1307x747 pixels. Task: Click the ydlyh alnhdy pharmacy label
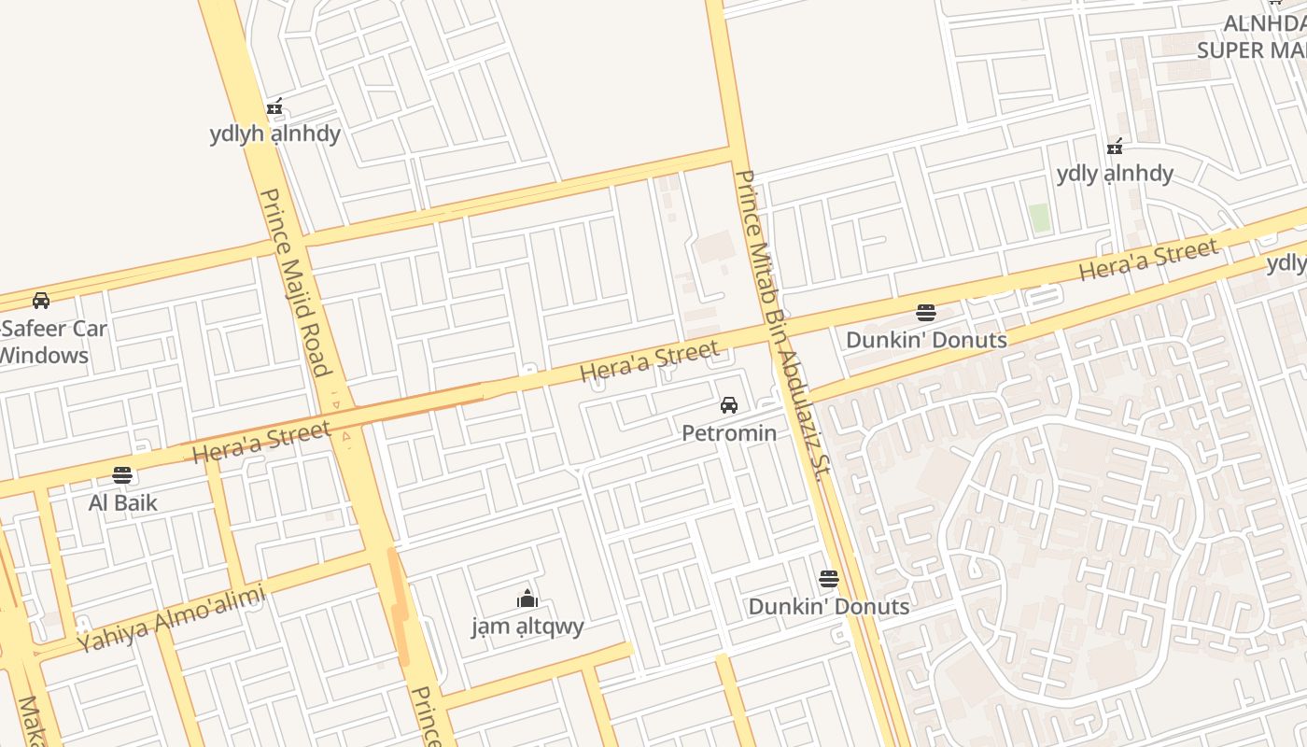(274, 134)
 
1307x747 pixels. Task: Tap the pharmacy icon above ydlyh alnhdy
(274, 107)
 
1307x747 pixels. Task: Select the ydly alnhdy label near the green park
(1115, 173)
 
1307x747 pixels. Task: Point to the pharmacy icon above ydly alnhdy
(1114, 147)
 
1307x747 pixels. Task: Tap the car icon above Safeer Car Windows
(41, 301)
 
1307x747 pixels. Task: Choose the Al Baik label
(122, 502)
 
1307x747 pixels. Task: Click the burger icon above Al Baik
(122, 475)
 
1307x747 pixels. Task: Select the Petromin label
(729, 432)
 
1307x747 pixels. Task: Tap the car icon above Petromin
(729, 405)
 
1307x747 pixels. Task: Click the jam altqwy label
(527, 626)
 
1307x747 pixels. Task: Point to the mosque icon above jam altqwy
(527, 599)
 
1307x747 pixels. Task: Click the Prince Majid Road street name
(296, 282)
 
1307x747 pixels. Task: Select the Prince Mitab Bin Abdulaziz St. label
(782, 323)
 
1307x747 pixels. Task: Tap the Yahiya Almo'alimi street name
(172, 618)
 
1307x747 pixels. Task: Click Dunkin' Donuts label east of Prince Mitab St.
(926, 340)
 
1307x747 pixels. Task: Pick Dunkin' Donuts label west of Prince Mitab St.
(828, 606)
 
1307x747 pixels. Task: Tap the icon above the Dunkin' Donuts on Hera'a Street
(926, 312)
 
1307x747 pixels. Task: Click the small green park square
(1039, 218)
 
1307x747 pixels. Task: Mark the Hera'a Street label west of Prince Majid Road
(261, 442)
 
